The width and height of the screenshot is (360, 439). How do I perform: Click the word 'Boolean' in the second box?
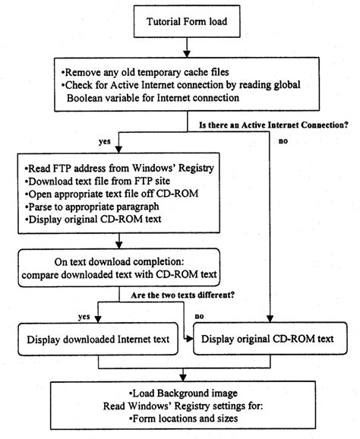87,99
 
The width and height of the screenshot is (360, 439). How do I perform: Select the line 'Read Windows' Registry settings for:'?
179,408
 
